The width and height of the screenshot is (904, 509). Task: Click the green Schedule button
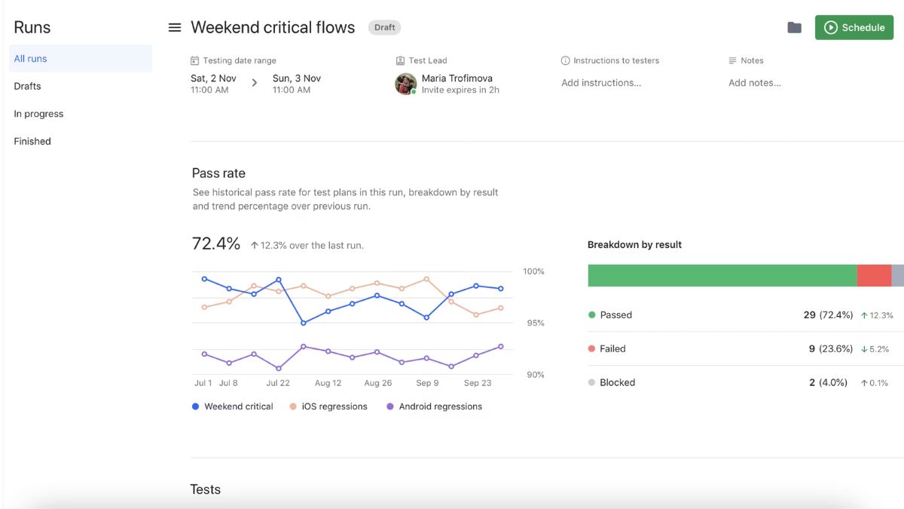coord(854,28)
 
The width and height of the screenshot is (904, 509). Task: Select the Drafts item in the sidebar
coord(28,86)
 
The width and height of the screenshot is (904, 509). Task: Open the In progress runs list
coord(38,114)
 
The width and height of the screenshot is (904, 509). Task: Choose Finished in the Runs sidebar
coord(32,141)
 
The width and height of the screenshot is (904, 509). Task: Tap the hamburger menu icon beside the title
coord(175,28)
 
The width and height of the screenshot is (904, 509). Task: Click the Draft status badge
coord(384,28)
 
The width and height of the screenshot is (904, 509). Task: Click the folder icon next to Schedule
coord(794,28)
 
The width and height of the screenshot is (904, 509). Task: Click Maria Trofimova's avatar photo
coord(405,84)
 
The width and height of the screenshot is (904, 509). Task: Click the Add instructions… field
coord(601,83)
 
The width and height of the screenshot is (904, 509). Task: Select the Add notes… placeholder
coord(754,83)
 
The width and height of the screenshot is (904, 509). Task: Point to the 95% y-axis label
coord(535,323)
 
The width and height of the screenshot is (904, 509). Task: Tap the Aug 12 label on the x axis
coord(328,383)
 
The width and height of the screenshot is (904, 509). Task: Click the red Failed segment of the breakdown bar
coord(874,275)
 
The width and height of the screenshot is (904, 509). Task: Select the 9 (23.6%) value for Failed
coord(829,349)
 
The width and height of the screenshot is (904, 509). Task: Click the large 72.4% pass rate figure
coord(216,244)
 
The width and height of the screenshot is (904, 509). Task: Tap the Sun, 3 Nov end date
coord(296,78)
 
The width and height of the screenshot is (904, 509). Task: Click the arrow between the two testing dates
coord(254,83)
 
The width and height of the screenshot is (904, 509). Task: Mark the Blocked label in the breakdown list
coord(617,382)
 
